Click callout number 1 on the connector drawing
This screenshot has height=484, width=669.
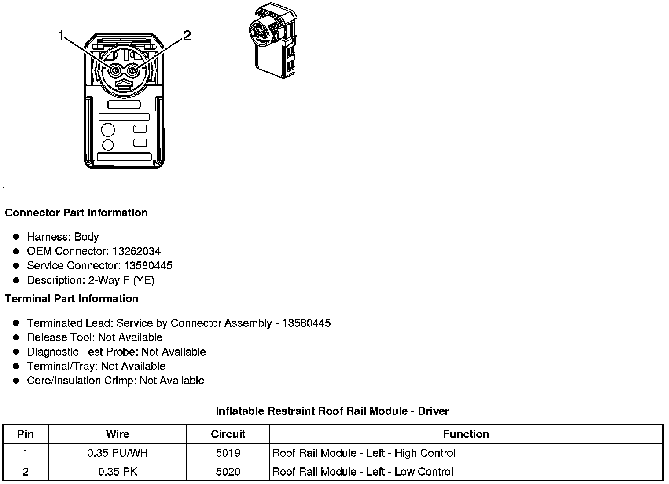coord(61,36)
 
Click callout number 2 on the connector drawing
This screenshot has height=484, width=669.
coord(187,36)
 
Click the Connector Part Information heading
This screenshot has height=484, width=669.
coord(76,213)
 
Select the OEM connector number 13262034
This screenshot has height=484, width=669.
coord(136,251)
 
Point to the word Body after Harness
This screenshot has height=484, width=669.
coord(86,237)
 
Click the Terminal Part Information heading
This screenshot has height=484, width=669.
coord(72,299)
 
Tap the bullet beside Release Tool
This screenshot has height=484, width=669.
coord(16,337)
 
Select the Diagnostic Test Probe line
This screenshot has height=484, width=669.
coord(116,352)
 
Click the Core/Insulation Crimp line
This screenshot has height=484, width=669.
coord(115,381)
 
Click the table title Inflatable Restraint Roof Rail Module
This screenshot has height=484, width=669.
coord(332,411)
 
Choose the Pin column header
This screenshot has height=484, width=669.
coord(25,434)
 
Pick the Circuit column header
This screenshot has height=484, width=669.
coord(228,434)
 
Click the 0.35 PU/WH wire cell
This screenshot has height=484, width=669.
coord(118,453)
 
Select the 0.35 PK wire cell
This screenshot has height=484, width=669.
coord(118,472)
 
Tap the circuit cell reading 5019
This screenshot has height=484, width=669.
coord(228,453)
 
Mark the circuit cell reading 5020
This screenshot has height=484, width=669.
coord(228,472)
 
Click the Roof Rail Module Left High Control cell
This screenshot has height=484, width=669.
coord(364,453)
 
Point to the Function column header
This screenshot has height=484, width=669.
coord(466,434)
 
